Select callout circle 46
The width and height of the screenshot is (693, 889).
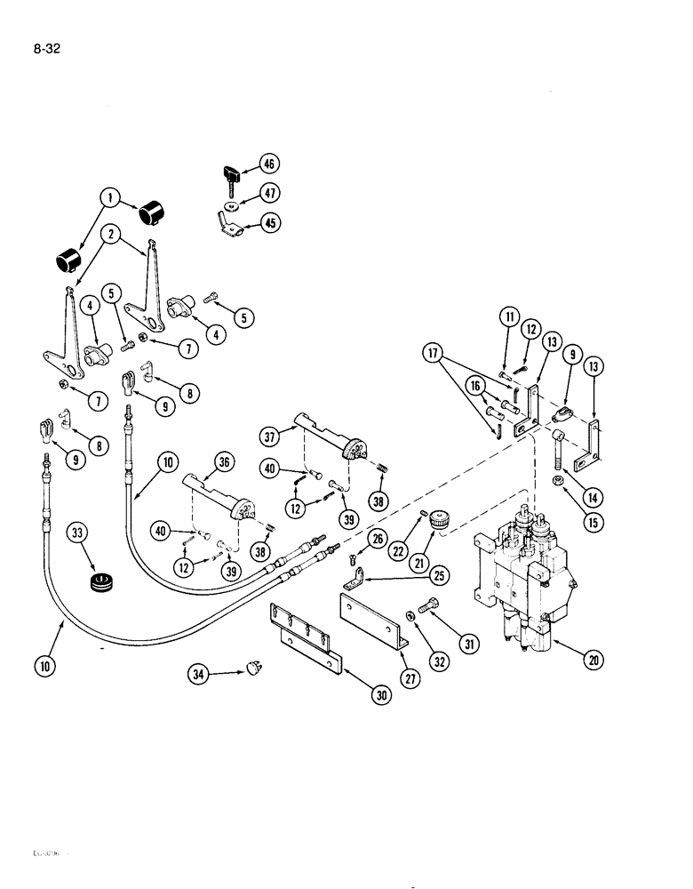tap(268, 163)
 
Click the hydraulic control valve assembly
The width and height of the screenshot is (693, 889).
tap(516, 578)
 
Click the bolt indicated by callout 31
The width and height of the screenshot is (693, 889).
tap(427, 607)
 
